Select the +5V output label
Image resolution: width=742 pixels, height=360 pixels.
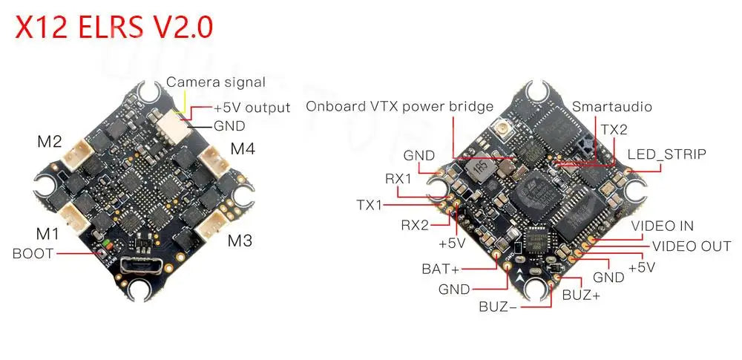click(x=252, y=108)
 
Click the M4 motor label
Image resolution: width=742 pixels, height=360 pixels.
click(x=243, y=148)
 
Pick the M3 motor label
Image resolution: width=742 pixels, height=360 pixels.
click(x=240, y=240)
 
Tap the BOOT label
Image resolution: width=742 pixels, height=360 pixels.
click(x=33, y=253)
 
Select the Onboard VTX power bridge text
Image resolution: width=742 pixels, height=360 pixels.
click(x=400, y=106)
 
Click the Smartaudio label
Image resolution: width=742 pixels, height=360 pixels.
click(x=612, y=107)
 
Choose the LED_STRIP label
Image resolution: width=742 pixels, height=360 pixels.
click(x=667, y=154)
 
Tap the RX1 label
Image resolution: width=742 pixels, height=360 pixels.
click(x=398, y=178)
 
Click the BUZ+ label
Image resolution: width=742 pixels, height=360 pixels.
click(x=581, y=295)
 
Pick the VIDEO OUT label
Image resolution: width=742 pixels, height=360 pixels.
click(x=691, y=246)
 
